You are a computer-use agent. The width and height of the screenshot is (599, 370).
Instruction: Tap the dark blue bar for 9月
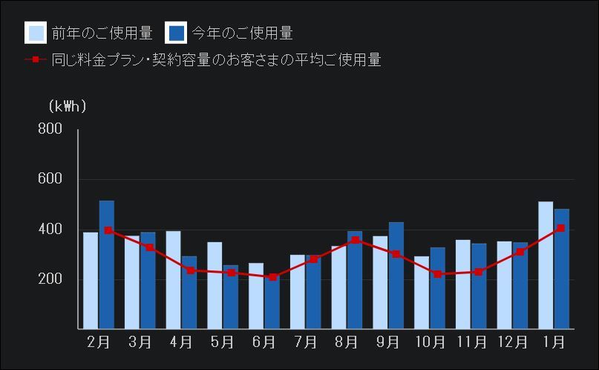pos(396,275)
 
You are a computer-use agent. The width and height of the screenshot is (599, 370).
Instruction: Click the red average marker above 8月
pos(356,240)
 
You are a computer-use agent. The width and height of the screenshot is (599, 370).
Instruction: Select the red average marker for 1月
pos(561,228)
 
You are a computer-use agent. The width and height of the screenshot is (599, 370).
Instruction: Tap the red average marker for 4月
pos(190,270)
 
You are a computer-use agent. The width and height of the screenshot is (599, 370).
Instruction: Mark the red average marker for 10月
pos(438,274)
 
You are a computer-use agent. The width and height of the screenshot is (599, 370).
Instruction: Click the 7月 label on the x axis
pos(305,343)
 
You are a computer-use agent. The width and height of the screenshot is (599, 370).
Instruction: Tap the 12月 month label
pos(512,343)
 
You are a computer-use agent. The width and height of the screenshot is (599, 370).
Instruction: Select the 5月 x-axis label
pos(223,343)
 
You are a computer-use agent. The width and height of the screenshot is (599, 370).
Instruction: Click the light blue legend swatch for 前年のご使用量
pos(36,33)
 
